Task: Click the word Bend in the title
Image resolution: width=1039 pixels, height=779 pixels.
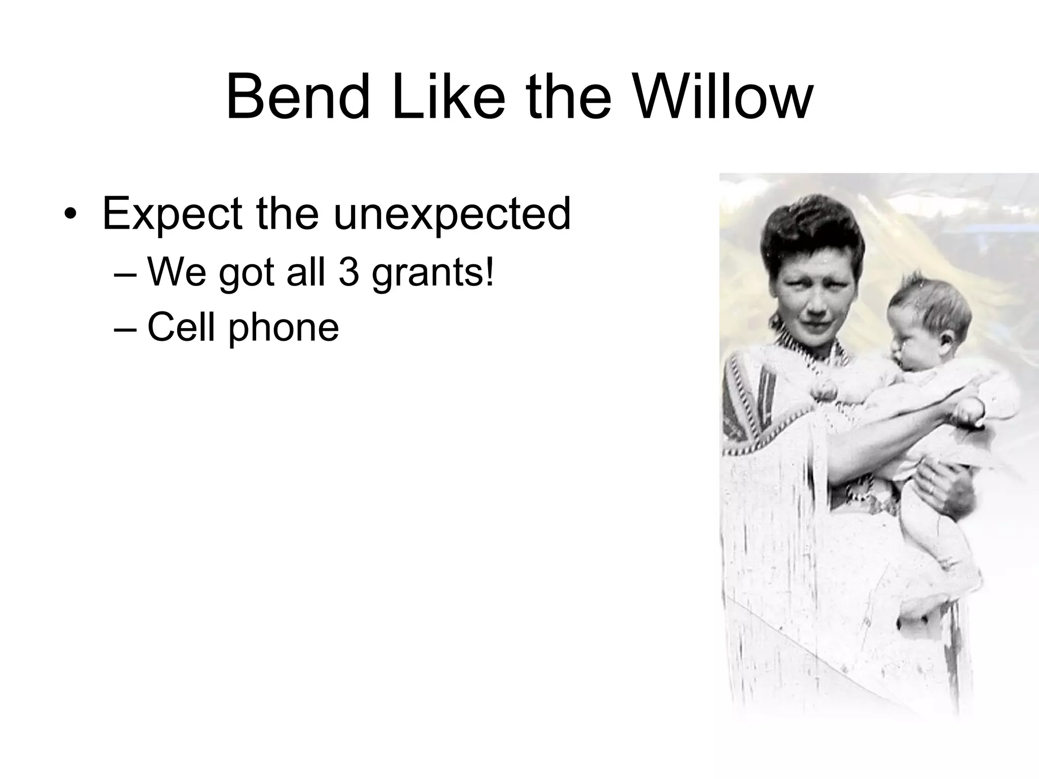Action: click(298, 97)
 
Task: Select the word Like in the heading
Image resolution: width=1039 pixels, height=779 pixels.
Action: click(448, 97)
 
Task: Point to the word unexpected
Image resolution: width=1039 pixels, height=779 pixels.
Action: click(452, 214)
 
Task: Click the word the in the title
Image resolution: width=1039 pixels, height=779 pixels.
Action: click(568, 97)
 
